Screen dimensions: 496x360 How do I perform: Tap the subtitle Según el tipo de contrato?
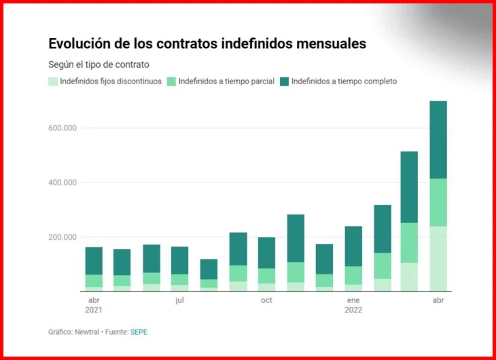(99, 65)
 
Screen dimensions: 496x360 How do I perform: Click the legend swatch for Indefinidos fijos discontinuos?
(53, 82)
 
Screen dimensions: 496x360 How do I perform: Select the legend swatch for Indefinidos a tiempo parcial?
(171, 82)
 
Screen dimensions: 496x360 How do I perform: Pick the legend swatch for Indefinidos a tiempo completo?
(285, 82)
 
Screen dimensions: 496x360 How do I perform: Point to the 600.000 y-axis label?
(63, 128)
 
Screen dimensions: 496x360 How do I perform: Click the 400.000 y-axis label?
(63, 183)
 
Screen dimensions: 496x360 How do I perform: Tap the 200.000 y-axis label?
(63, 237)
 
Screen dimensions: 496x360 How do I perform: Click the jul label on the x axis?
(179, 300)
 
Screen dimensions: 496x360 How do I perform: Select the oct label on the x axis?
(266, 300)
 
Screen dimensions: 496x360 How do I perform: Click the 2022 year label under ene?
(353, 310)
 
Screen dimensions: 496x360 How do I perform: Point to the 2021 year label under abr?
(94, 310)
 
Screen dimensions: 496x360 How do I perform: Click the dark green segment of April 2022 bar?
(438, 140)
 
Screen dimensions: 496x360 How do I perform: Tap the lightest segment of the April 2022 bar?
(438, 259)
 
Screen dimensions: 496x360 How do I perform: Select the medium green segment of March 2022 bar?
(409, 242)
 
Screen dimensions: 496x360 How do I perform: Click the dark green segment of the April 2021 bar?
(94, 261)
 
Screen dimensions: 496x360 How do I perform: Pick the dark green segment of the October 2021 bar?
(266, 253)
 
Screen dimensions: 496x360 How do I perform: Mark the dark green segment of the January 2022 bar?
(353, 247)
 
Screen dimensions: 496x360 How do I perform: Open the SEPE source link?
(139, 332)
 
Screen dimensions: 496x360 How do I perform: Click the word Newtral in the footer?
(87, 332)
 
